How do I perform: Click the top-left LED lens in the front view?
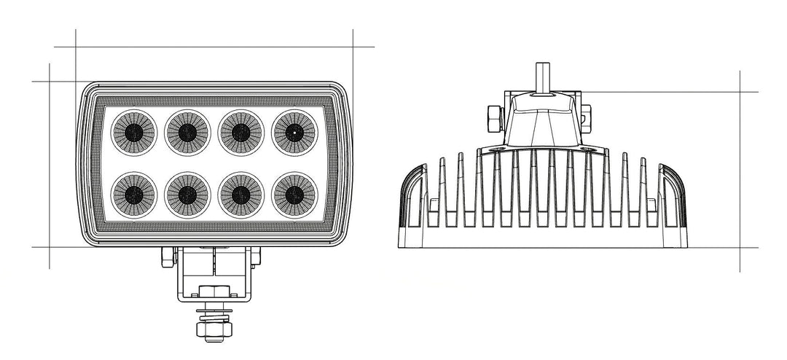(x=133, y=132)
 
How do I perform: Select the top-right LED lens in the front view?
(x=294, y=132)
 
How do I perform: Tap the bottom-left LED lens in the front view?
(x=133, y=194)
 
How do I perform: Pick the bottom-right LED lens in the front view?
(x=294, y=194)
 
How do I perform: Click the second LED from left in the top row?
(x=187, y=132)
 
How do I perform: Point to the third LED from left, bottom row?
(x=240, y=194)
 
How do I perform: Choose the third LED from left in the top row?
(x=240, y=132)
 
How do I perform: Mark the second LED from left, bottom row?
(x=187, y=194)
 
